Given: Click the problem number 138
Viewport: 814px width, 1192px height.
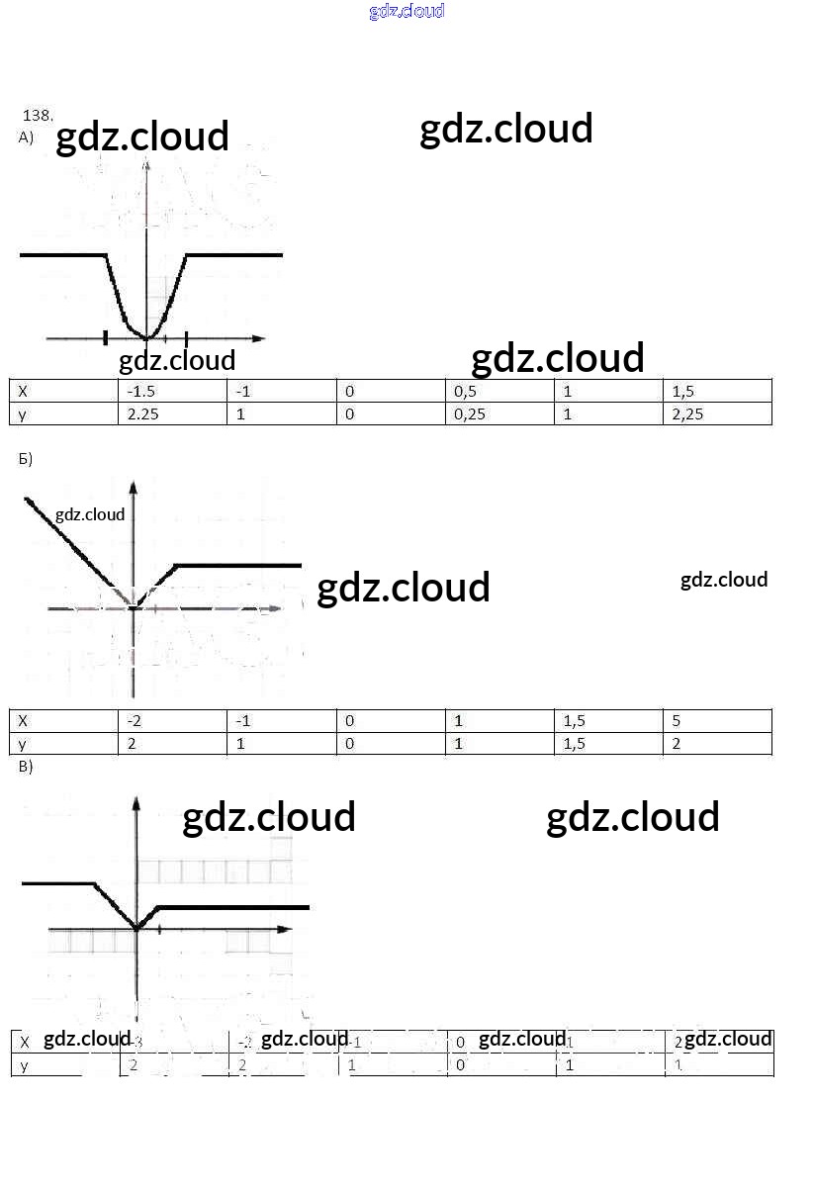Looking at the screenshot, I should pos(38,115).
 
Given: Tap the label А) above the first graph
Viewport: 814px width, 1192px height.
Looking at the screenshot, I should pos(26,138).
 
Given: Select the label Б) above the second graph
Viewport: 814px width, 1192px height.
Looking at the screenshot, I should pos(26,459).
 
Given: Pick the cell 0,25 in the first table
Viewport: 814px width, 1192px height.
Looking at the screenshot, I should pos(470,414).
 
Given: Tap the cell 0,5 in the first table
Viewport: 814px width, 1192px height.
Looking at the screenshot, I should pos(466,391).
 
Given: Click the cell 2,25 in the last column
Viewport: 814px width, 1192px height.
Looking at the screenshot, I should pos(687,414).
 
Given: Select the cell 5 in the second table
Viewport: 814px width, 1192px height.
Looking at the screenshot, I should pos(677,721).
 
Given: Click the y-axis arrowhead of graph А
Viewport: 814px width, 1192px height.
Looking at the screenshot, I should pos(146,166).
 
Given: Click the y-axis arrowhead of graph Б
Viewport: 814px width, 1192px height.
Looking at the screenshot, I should pos(133,486).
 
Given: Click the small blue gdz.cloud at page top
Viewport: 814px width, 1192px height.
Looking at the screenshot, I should pos(407,11).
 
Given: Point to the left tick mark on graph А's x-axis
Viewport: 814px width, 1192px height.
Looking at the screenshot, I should pos(105,338).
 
